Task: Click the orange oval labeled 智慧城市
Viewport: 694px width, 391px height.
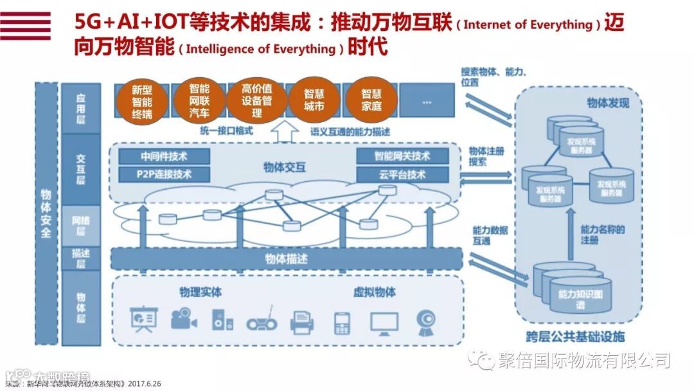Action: [314, 100]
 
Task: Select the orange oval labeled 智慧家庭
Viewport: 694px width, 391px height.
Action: [371, 100]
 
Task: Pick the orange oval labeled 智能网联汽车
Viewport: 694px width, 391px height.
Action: [199, 101]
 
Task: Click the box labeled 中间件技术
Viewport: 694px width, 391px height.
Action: [165, 156]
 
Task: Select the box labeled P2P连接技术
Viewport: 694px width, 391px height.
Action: [165, 174]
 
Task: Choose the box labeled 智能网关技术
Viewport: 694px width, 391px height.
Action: [402, 156]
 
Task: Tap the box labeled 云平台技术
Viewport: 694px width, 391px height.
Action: [402, 174]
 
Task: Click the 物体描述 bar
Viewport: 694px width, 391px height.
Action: [287, 259]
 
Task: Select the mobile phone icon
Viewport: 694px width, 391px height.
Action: [342, 322]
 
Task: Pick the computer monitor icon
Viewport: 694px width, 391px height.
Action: [384, 322]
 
